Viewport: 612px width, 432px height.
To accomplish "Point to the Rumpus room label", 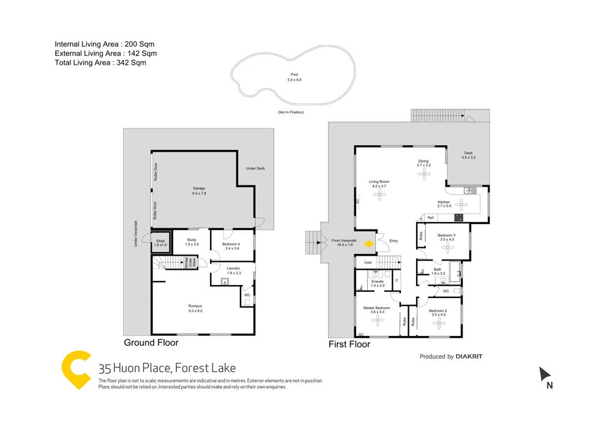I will pyautogui.click(x=195, y=308).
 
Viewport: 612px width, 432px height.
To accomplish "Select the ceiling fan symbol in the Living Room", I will pyautogui.click(x=379, y=195).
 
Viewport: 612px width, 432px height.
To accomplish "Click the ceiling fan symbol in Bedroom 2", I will pyautogui.click(x=438, y=324).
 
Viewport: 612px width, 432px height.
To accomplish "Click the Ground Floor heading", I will pyautogui.click(x=151, y=343).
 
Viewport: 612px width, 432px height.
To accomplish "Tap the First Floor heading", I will pyautogui.click(x=349, y=344).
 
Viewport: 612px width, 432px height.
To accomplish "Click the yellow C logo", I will pyautogui.click(x=75, y=370).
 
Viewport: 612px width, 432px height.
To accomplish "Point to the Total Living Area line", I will pyautogui.click(x=100, y=62).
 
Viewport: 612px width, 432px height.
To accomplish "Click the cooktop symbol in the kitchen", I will pyautogui.click(x=458, y=217).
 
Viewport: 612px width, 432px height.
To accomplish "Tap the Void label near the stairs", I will pyautogui.click(x=367, y=263).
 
